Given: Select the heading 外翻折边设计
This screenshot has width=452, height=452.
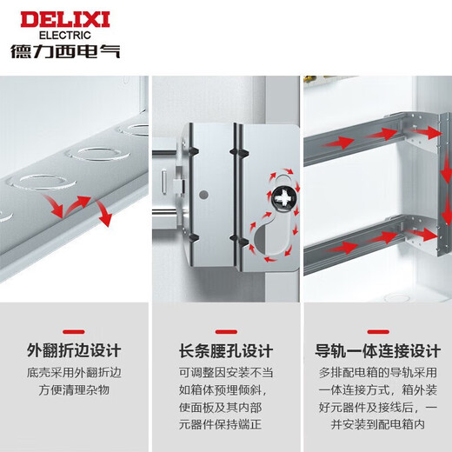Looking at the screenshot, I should pyautogui.click(x=74, y=351).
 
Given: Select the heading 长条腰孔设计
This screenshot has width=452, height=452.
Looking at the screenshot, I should pyautogui.click(x=226, y=351).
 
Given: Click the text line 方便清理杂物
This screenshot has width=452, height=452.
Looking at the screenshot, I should pyautogui.click(x=74, y=390).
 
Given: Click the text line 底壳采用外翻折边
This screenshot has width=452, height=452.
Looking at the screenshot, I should pyautogui.click(x=74, y=372).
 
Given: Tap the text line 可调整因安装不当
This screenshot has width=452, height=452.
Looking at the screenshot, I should pyautogui.click(x=226, y=372).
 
